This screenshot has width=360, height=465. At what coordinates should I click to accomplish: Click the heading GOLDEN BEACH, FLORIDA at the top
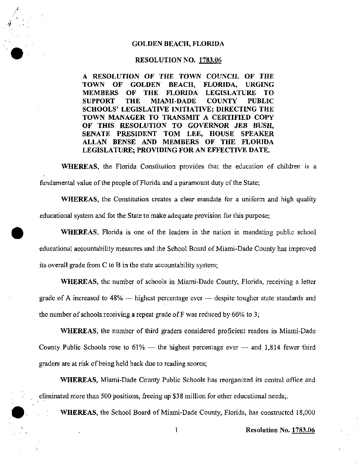click(178, 44)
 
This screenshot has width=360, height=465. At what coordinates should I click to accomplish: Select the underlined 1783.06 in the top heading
click(210, 60)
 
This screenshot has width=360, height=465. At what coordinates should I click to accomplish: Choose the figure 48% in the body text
click(116, 298)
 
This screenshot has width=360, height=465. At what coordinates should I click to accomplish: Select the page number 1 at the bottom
click(177, 430)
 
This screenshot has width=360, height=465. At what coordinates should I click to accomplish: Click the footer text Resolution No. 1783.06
click(280, 430)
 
